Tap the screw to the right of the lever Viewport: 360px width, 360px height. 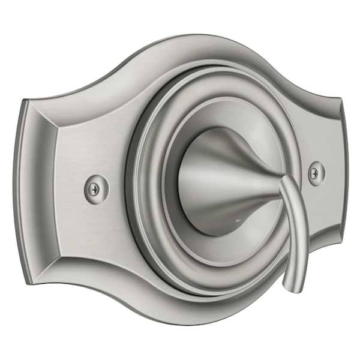click(x=316, y=173)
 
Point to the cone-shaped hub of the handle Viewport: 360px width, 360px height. click(x=222, y=180)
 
